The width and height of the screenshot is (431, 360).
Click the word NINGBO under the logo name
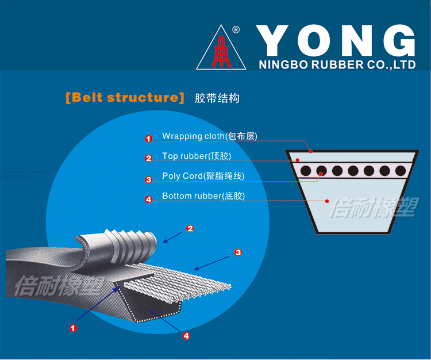tap(280, 65)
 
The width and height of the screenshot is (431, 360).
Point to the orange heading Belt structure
tap(125, 97)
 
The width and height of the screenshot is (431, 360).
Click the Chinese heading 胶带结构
tap(217, 98)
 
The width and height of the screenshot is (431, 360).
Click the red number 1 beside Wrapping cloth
tap(148, 139)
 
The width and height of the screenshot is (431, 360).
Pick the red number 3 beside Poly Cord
tap(148, 179)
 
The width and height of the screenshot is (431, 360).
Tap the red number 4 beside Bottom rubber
tap(148, 200)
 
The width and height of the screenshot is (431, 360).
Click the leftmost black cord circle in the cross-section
tap(305, 171)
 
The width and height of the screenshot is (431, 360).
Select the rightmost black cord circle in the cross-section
tap(398, 171)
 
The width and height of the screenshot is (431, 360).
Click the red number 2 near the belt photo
tap(190, 228)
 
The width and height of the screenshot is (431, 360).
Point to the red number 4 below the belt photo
tap(186, 336)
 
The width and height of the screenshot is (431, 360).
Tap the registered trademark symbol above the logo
tap(236, 30)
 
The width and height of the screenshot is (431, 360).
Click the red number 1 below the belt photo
tap(73, 328)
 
